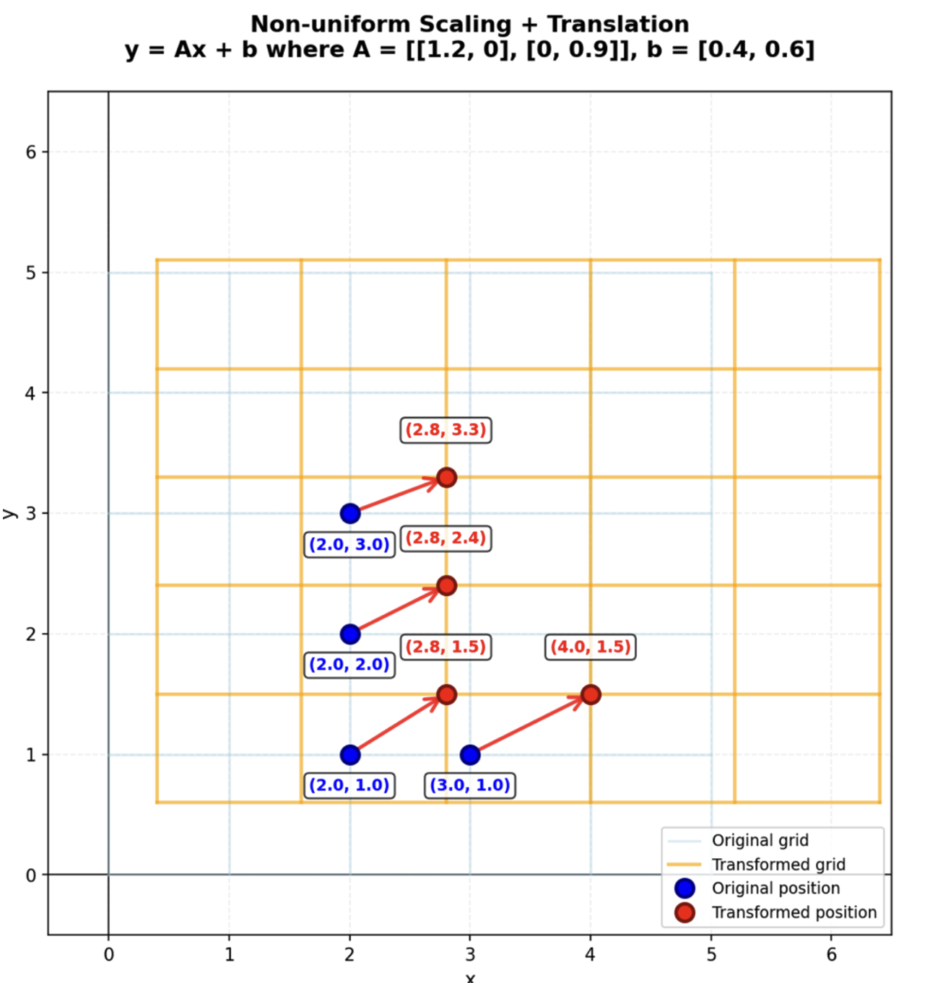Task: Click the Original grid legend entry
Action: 760,841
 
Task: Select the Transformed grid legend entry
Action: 778,865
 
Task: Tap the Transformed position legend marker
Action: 685,913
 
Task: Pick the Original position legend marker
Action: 685,888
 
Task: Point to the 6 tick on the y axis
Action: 31,152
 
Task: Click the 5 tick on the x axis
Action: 711,955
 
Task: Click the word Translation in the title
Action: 618,25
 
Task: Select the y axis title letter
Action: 9,514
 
